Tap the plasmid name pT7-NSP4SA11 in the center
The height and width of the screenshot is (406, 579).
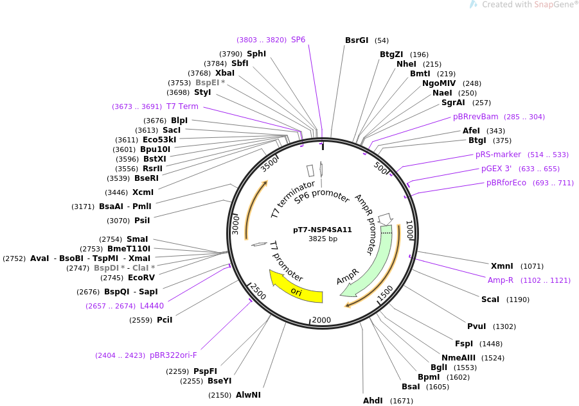click(x=323, y=230)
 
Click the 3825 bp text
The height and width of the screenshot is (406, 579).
click(x=323, y=239)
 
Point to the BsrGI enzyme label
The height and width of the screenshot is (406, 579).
click(x=357, y=40)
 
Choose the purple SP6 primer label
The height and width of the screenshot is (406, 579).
click(x=298, y=40)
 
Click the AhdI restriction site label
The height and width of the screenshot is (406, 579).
click(x=373, y=401)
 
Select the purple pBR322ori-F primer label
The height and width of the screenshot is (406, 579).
click(x=173, y=355)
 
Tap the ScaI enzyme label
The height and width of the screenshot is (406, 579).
click(x=490, y=300)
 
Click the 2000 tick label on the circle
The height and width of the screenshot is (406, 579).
click(x=321, y=320)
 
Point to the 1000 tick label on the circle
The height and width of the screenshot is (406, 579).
click(x=409, y=230)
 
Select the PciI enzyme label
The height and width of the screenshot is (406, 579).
click(x=165, y=320)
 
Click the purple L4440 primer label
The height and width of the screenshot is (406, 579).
click(x=152, y=306)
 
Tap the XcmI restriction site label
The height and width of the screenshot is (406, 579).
click(x=143, y=192)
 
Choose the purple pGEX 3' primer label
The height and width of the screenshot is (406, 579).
click(x=496, y=169)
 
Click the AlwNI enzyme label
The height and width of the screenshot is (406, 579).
click(x=248, y=395)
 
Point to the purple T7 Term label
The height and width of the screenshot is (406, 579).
click(x=183, y=106)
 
